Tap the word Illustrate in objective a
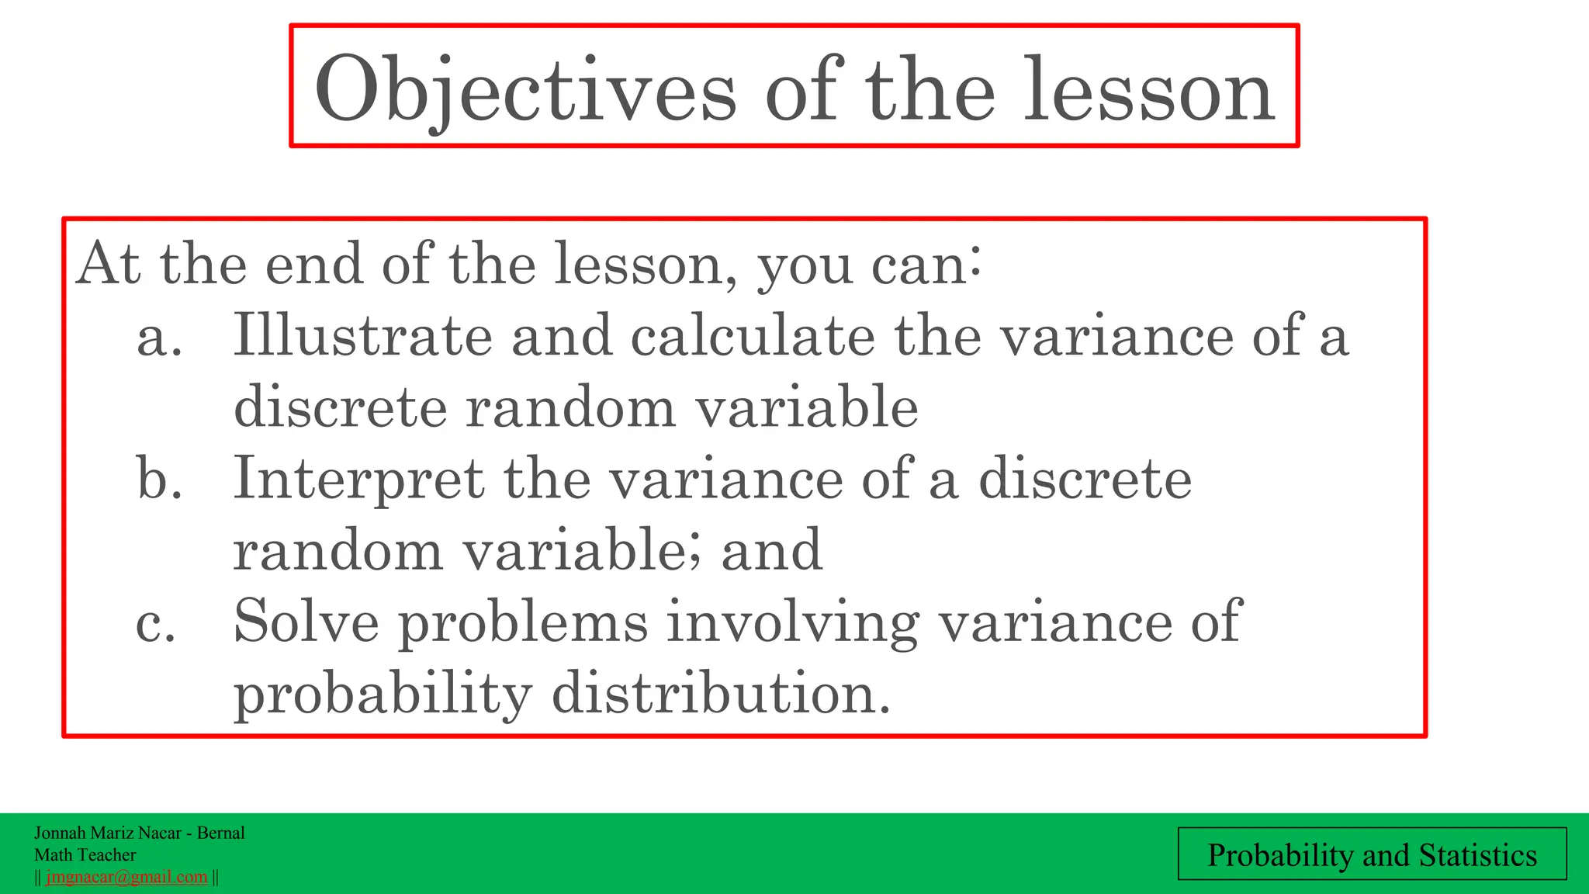tap(362, 335)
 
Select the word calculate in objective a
tap(752, 335)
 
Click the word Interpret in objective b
tap(358, 479)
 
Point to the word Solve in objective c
tap(306, 622)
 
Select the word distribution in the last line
tap(720, 692)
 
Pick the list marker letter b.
tap(159, 479)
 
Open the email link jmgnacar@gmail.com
tap(126, 877)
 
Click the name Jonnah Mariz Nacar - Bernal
tap(140, 833)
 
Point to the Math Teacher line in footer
tap(85, 854)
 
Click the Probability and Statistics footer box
tap(1372, 854)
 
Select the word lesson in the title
tap(1148, 92)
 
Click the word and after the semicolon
tap(771, 550)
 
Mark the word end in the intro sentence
tap(313, 264)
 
